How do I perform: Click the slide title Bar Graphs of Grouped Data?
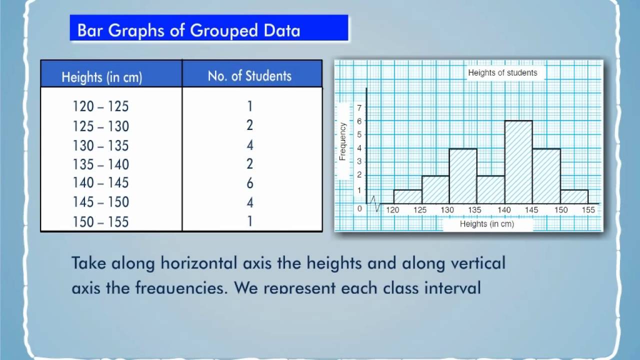[x=188, y=31]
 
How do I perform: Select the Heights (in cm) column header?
[x=102, y=77]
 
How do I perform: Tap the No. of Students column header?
[x=249, y=76]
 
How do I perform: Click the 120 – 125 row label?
[x=100, y=106]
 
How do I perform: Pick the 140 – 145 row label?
[x=100, y=183]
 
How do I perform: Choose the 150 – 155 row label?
[x=100, y=221]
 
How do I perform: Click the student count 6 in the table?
[x=250, y=183]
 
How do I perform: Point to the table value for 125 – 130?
[x=250, y=125]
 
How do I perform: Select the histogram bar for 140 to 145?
[x=518, y=162]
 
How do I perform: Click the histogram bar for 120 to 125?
[x=407, y=196]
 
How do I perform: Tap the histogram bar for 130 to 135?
[x=462, y=176]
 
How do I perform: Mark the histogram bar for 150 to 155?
[x=574, y=196]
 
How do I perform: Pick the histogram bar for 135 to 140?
[x=490, y=190]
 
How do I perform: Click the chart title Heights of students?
[x=502, y=73]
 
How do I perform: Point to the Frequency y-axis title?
[x=342, y=141]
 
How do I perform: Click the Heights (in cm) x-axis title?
[x=487, y=224]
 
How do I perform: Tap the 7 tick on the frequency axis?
[x=358, y=107]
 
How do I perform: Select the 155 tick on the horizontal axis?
[x=588, y=210]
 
